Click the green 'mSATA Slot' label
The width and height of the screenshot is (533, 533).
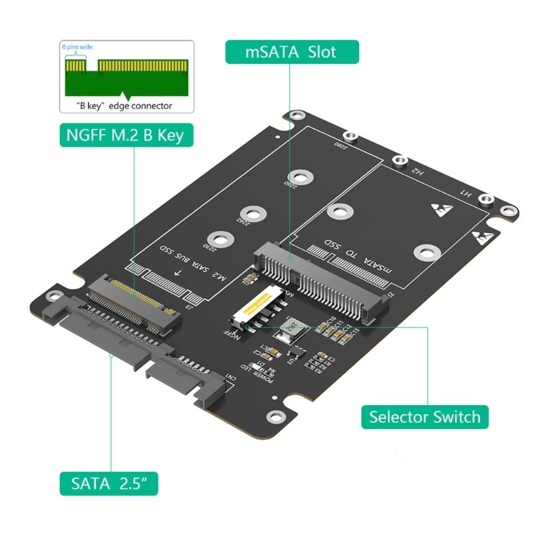pyautogui.click(x=292, y=52)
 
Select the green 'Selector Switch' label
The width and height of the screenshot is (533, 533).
pyautogui.click(x=424, y=417)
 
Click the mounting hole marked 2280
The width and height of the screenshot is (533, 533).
pyautogui.click(x=352, y=137)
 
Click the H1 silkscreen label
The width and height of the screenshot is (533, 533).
pyautogui.click(x=466, y=193)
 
